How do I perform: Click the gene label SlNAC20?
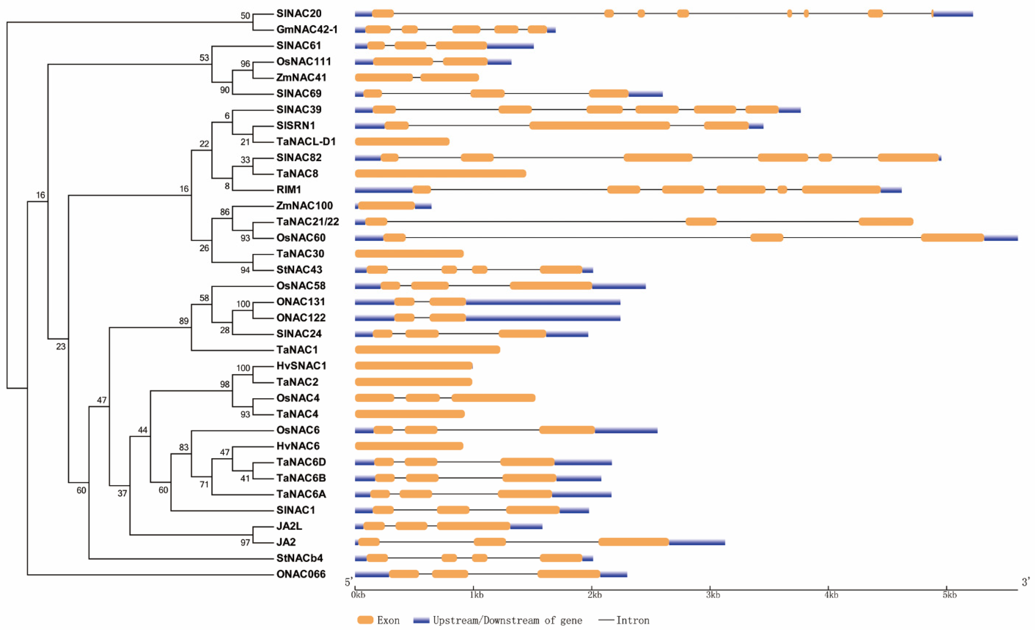pyautogui.click(x=299, y=13)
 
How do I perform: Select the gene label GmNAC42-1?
pyautogui.click(x=307, y=29)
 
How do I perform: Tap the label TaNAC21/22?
pyautogui.click(x=308, y=222)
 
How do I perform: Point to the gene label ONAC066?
pyautogui.click(x=301, y=574)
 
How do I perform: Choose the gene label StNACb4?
pyautogui.click(x=299, y=558)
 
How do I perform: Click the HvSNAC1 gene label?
pyautogui.click(x=301, y=366)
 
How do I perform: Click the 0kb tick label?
pyautogui.click(x=358, y=595)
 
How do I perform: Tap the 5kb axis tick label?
pyautogui.click(x=950, y=595)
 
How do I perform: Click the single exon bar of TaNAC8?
pyautogui.click(x=441, y=174)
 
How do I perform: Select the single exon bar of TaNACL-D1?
pyautogui.click(x=402, y=141)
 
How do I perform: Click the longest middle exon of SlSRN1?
pyautogui.click(x=600, y=126)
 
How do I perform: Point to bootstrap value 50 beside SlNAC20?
pyautogui.click(x=245, y=16)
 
